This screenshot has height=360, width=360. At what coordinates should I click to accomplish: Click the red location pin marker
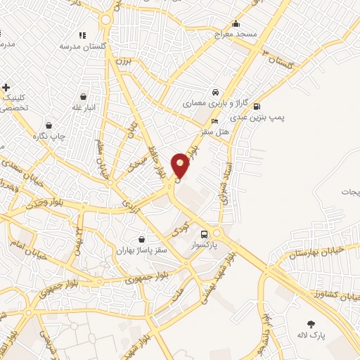click(181, 165)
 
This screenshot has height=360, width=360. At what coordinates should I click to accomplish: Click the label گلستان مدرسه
click(82, 46)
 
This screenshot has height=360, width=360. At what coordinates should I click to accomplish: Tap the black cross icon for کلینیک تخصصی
click(6, 88)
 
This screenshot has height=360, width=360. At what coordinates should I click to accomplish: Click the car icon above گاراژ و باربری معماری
click(216, 92)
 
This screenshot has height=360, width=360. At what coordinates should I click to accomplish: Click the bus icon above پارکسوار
click(204, 234)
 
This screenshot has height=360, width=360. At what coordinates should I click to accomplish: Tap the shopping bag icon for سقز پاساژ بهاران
click(143, 239)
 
